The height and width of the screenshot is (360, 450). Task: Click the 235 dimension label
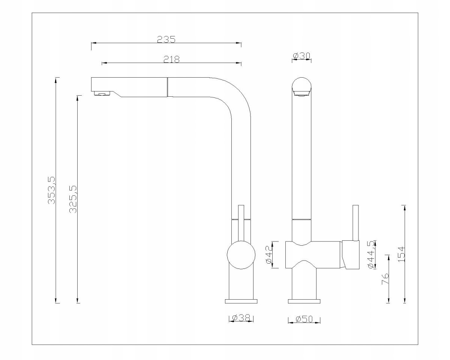[166, 39]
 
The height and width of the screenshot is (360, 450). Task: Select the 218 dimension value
[172, 59]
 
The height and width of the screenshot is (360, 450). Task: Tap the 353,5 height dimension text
[51, 190]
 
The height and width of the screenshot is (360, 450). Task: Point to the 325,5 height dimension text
[73, 199]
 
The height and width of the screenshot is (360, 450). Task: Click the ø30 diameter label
[301, 56]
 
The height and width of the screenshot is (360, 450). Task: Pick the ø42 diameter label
[268, 255]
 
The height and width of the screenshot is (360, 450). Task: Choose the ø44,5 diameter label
[371, 255]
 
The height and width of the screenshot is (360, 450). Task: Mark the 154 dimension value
[401, 254]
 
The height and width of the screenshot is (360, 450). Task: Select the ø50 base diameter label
[304, 319]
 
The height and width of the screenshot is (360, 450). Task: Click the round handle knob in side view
[240, 256]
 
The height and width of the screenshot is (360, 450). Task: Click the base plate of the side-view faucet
[241, 301]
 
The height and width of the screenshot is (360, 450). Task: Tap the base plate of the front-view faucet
[304, 301]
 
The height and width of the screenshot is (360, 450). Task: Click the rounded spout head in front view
[301, 87]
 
